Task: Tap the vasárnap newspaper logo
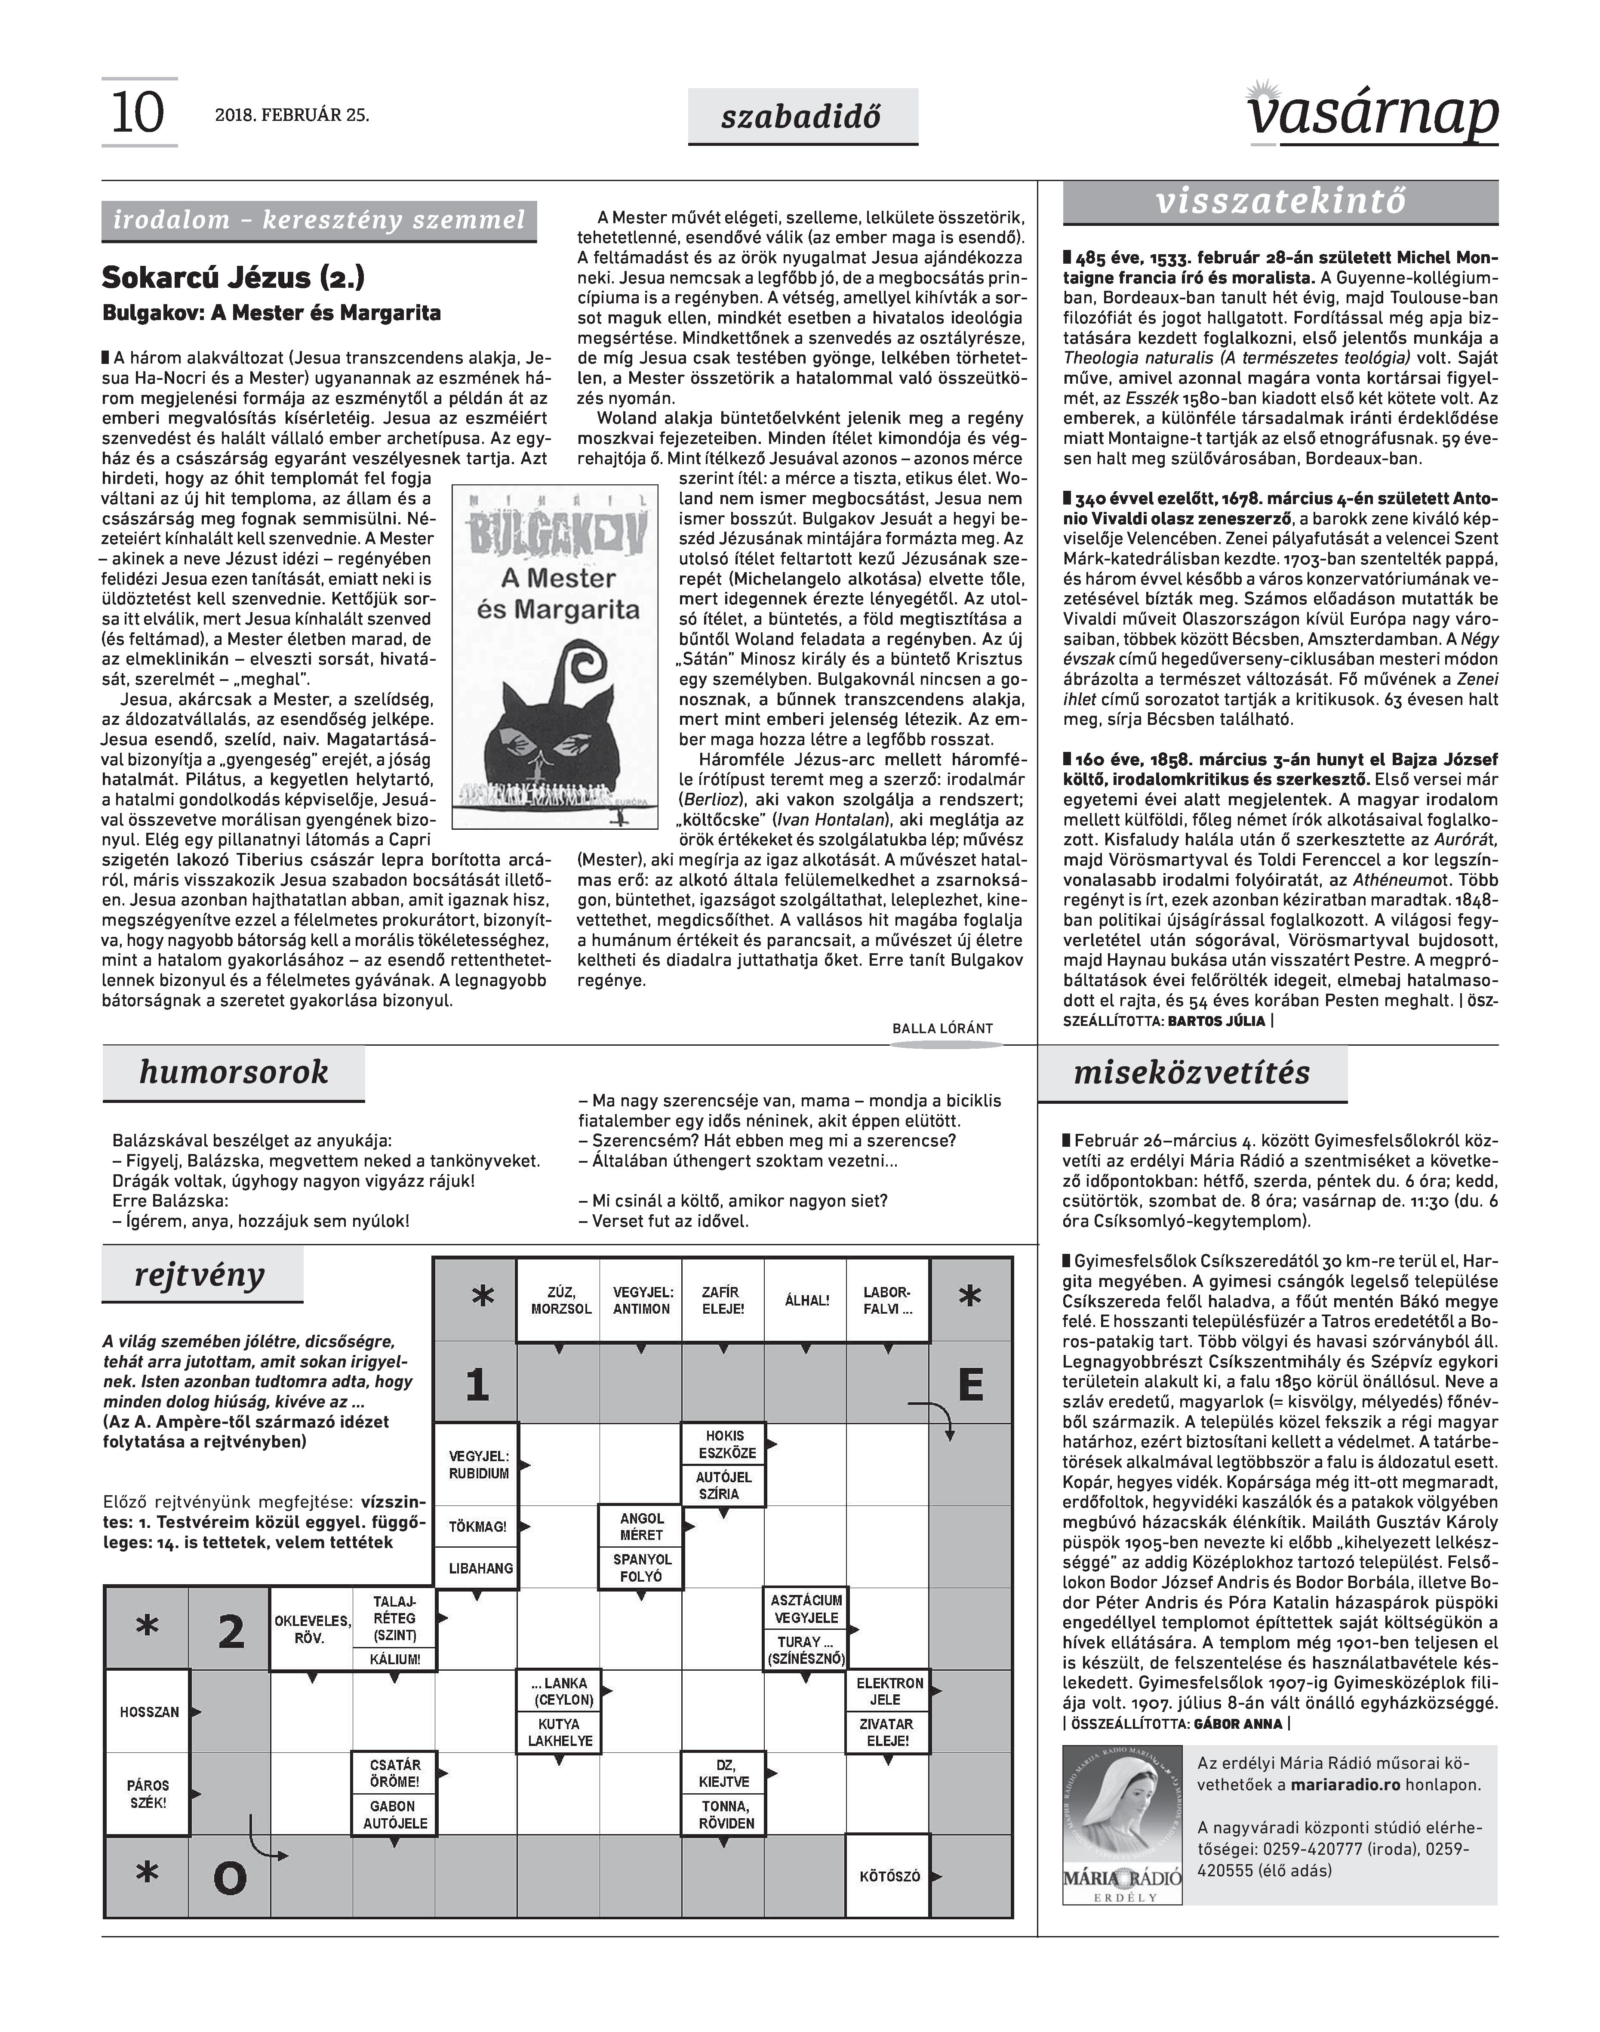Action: [x=1373, y=114]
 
